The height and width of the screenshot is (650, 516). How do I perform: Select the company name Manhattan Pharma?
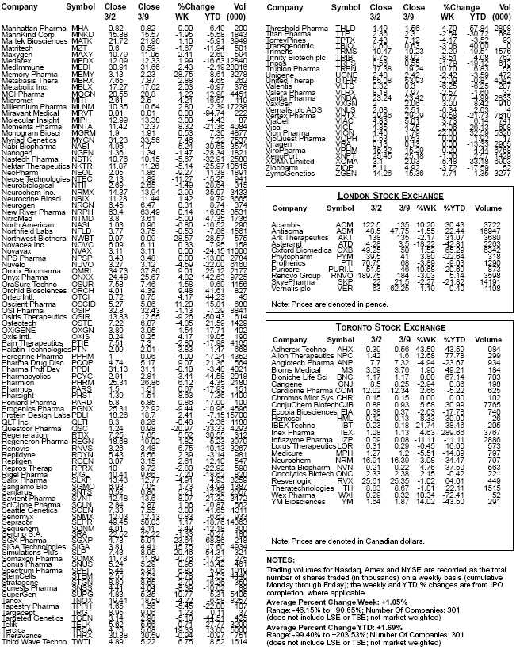[34, 28]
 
